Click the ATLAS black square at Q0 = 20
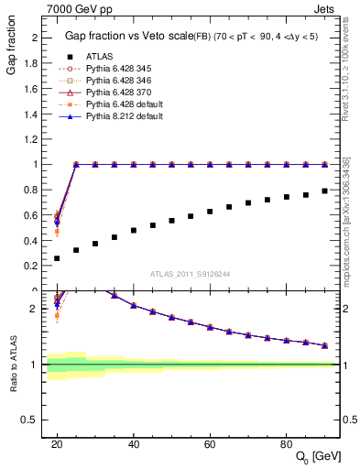click(57, 258)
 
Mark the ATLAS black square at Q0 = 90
click(324, 191)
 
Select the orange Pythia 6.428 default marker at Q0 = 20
click(57, 232)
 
